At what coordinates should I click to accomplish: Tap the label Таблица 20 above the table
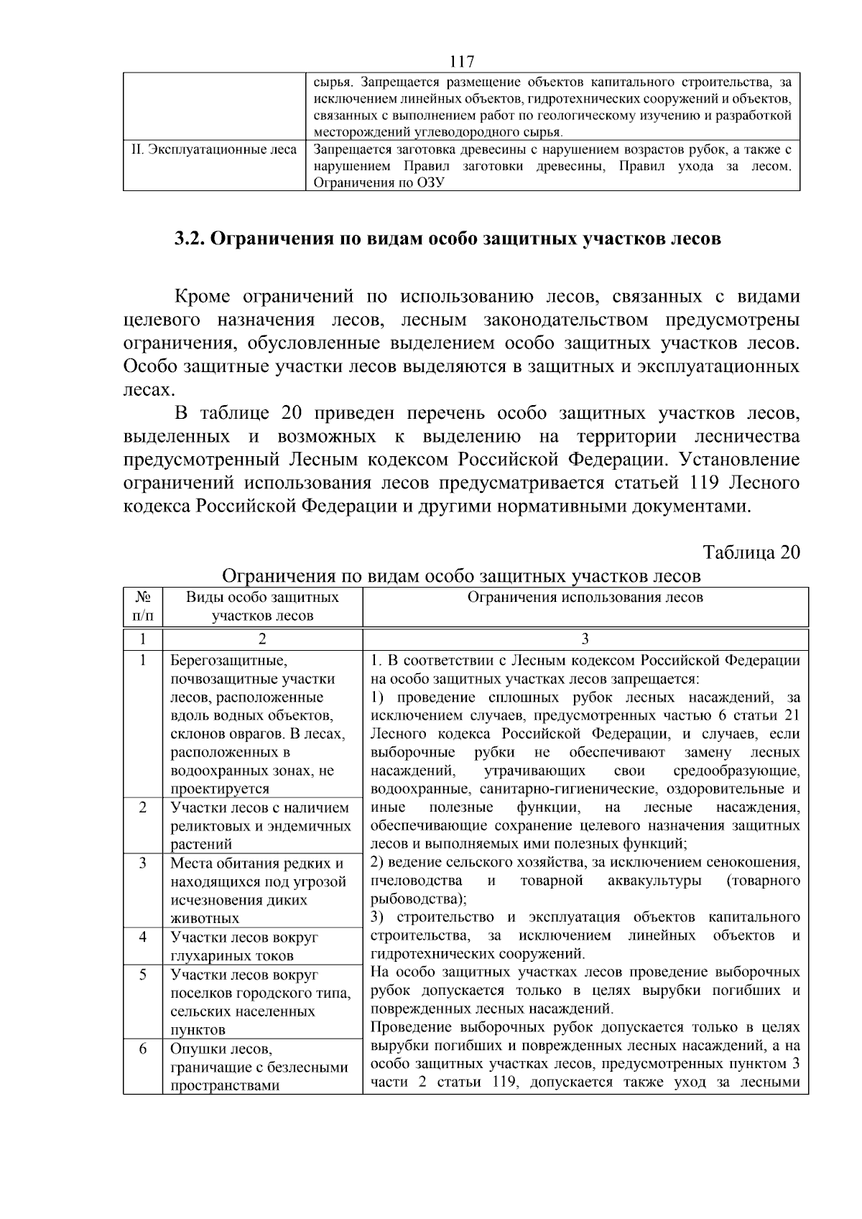click(x=751, y=552)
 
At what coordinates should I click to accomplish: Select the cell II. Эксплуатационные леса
click(x=214, y=150)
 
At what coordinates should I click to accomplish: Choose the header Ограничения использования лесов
click(x=585, y=598)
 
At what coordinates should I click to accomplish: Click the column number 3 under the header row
click(x=585, y=639)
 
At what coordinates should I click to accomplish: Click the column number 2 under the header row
click(x=262, y=639)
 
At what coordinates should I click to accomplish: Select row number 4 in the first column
click(x=142, y=937)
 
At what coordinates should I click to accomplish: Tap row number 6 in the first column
click(x=142, y=1049)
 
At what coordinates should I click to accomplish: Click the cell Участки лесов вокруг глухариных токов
click(x=244, y=946)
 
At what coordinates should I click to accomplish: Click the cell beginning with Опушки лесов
click(x=259, y=1067)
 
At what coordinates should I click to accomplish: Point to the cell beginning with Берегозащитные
click(x=259, y=724)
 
